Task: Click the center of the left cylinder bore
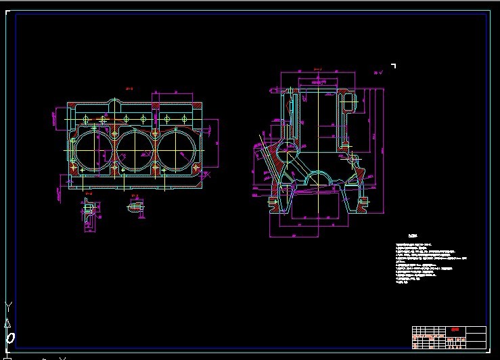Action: pos(93,150)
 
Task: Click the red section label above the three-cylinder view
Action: pos(129,88)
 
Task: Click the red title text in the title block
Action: pos(455,330)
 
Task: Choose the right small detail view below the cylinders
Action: pos(135,206)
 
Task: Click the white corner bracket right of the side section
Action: pos(393,66)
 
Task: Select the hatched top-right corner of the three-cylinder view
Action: pos(196,108)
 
